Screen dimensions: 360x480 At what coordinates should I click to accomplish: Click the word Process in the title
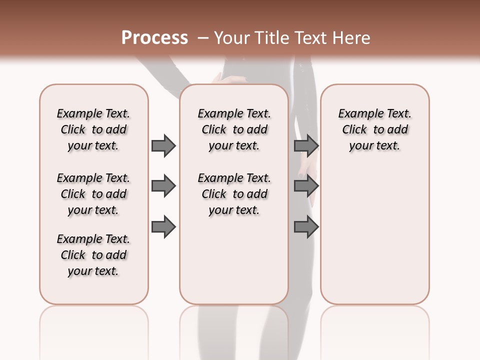point(154,38)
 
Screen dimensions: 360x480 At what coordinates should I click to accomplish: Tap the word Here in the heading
point(352,38)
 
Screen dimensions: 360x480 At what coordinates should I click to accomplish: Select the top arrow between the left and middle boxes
point(163,145)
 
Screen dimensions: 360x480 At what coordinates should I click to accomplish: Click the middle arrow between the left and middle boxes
point(163,186)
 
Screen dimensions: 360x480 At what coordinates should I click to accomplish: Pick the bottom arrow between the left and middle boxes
point(163,227)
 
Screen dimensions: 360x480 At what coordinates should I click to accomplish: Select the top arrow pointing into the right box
point(306,145)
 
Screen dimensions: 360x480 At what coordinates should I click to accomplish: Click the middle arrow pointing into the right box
point(306,186)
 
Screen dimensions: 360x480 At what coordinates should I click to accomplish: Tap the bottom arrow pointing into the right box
point(306,227)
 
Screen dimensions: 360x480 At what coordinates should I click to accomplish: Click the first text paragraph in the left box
point(93,129)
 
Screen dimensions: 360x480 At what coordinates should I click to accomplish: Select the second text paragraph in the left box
point(93,194)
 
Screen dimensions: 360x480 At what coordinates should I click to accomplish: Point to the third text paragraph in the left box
point(93,255)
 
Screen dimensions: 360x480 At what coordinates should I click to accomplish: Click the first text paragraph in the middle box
point(234,129)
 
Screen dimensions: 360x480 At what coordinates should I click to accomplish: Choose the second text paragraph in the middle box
point(234,194)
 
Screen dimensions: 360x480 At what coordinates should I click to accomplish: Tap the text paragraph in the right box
point(375,129)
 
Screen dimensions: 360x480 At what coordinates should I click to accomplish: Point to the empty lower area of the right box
point(375,235)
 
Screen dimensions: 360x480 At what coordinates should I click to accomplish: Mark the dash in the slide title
point(203,38)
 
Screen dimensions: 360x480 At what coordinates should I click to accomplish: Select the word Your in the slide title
point(232,38)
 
